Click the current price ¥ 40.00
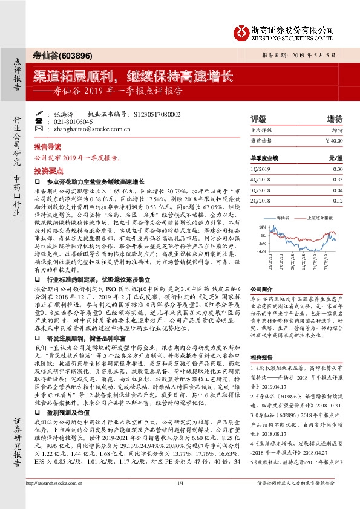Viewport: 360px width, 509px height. coord(334,140)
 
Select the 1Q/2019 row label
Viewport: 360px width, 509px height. coord(261,170)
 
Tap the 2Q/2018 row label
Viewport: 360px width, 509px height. coord(261,200)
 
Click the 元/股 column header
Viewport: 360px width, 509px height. coord(336,157)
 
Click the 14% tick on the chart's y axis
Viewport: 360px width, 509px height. coord(262,227)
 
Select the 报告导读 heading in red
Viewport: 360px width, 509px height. coord(47,147)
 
